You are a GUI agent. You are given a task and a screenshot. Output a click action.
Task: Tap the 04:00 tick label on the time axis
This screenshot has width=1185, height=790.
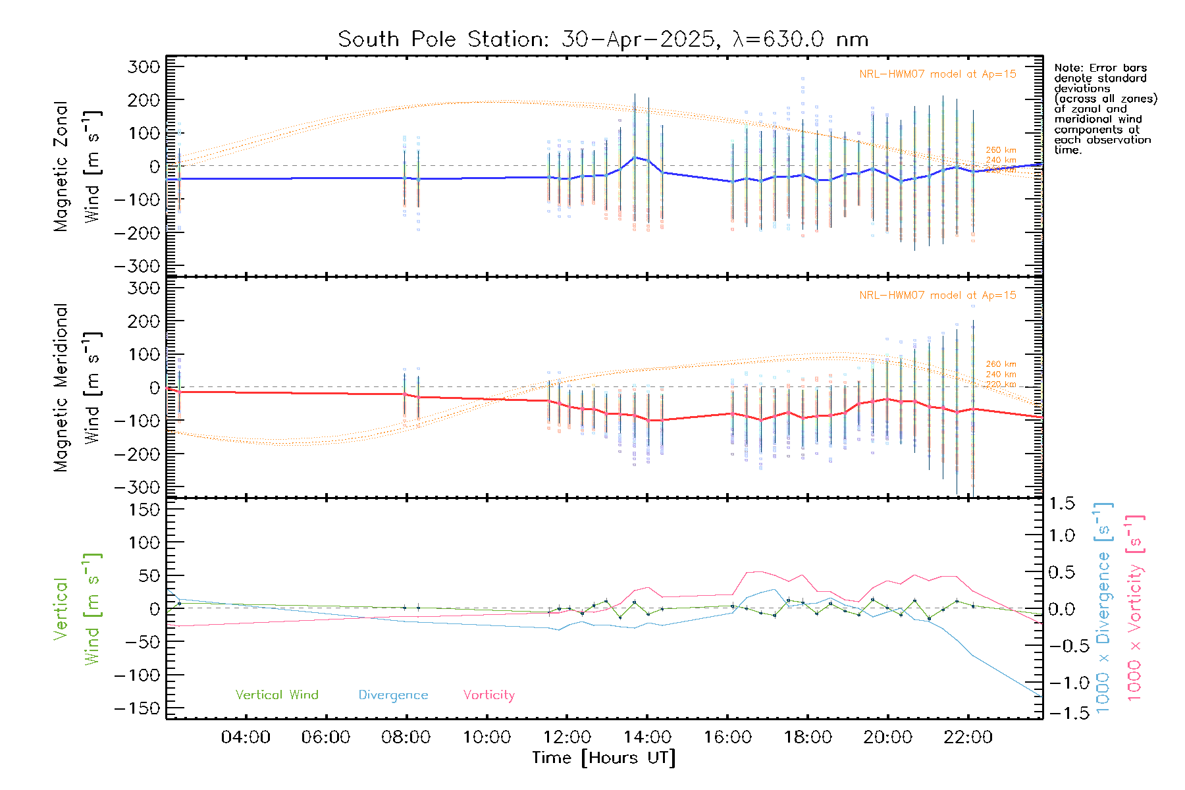tap(246, 737)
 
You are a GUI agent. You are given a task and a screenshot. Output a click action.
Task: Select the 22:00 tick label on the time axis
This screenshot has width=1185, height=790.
tap(968, 737)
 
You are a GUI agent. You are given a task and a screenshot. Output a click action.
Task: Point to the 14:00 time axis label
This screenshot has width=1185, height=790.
tap(647, 737)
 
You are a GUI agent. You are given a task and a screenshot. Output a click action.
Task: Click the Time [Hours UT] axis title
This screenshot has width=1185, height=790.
tap(604, 758)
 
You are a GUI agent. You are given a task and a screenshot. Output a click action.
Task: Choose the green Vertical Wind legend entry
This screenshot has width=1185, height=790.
tap(276, 695)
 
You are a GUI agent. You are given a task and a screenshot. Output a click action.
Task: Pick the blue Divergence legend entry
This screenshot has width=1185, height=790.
tap(393, 695)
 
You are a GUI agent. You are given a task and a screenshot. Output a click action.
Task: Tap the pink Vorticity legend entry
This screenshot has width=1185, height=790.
tap(488, 695)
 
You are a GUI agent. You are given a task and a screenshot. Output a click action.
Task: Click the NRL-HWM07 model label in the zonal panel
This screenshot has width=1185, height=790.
tap(937, 74)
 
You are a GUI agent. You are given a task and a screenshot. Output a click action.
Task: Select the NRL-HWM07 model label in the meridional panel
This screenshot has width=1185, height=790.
tap(937, 296)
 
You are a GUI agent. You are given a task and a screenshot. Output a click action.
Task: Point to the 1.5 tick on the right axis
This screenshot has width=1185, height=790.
tap(1061, 504)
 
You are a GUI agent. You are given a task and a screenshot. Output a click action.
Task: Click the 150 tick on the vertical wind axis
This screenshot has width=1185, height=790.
tap(144, 510)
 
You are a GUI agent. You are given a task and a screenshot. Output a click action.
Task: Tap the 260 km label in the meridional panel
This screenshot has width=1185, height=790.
tap(1001, 364)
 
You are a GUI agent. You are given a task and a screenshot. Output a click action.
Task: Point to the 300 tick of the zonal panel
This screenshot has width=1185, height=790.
tap(144, 66)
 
